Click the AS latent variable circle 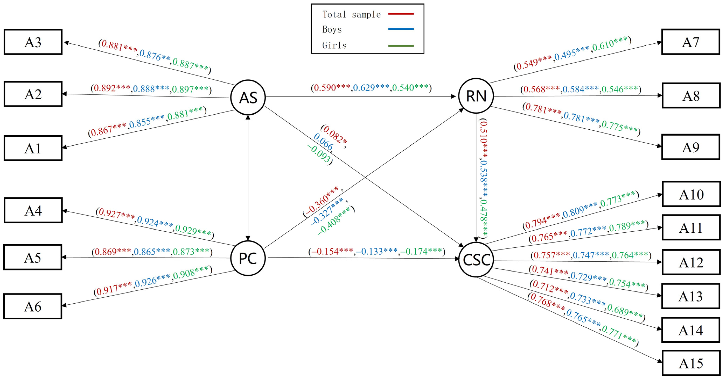(x=248, y=97)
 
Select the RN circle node (x=476, y=96)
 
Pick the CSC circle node (x=476, y=260)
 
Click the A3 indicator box (x=33, y=42)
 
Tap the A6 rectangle (x=33, y=306)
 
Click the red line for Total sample (x=401, y=13)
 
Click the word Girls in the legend (x=334, y=45)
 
